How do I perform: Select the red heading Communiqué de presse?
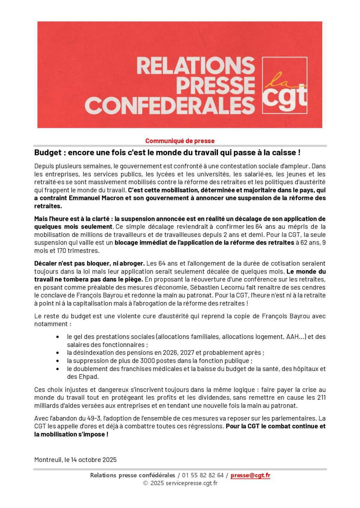click(180, 141)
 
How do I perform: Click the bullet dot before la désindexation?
click(57, 353)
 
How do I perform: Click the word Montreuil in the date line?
click(48, 460)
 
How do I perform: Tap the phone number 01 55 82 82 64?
click(203, 475)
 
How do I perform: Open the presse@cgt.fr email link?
click(250, 475)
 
